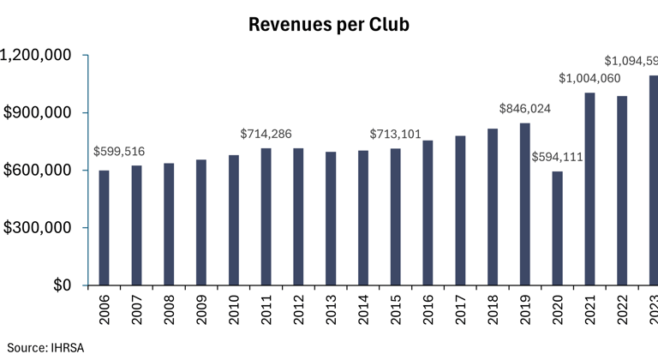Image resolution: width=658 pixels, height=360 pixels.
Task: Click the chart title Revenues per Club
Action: click(x=329, y=25)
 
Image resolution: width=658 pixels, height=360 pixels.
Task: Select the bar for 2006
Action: click(x=104, y=228)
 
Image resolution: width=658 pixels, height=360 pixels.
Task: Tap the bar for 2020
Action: click(x=557, y=228)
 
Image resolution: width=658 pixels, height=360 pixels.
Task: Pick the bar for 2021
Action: click(x=589, y=189)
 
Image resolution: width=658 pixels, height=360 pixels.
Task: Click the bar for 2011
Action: click(x=266, y=217)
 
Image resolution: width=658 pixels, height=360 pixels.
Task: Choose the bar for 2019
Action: click(x=524, y=204)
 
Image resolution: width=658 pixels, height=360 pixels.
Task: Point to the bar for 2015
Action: click(x=395, y=217)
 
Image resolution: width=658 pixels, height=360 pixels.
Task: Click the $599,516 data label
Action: click(x=119, y=152)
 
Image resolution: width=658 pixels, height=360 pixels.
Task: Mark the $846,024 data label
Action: click(x=525, y=109)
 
